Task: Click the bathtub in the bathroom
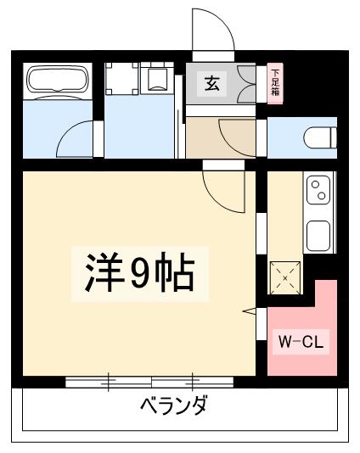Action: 56,82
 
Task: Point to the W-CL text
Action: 301,344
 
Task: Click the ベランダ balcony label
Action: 173,405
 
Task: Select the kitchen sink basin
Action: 319,234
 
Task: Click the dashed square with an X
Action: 284,277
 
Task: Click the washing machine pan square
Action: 122,81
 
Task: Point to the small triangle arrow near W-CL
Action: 250,312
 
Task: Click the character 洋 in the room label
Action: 100,273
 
